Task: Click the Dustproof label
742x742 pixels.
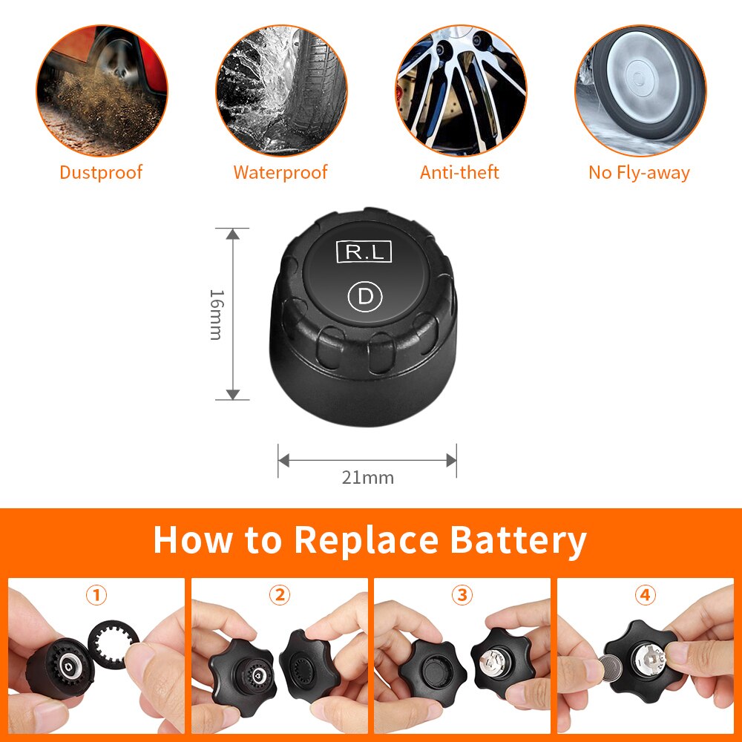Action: tap(101, 173)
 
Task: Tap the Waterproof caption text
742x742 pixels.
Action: tap(280, 173)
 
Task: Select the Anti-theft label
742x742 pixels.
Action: tap(459, 173)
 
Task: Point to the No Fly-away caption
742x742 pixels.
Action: tap(639, 173)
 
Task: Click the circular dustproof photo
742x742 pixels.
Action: tap(102, 90)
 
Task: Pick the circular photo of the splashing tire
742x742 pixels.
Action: tap(280, 90)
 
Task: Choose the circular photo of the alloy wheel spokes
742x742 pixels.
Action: tap(460, 90)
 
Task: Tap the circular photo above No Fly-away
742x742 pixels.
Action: tap(640, 90)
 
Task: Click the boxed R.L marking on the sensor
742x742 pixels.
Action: tap(364, 252)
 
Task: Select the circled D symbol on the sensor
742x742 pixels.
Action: tap(364, 297)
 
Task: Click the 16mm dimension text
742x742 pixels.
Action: tap(215, 314)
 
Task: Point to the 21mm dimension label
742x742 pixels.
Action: tap(367, 478)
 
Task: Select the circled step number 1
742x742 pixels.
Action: tap(96, 595)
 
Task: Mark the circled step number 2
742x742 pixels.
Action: tap(279, 595)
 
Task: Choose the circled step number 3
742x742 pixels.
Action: tap(462, 595)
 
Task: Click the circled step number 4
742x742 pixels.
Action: tap(645, 595)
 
